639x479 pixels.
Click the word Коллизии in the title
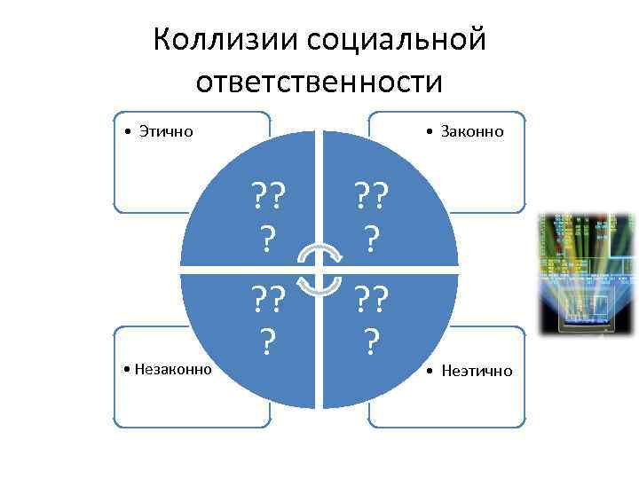click(225, 41)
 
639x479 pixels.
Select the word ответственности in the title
click(319, 82)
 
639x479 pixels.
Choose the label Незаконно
click(173, 369)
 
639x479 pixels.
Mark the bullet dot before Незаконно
click(130, 370)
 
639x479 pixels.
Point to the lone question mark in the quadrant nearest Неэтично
click(373, 340)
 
